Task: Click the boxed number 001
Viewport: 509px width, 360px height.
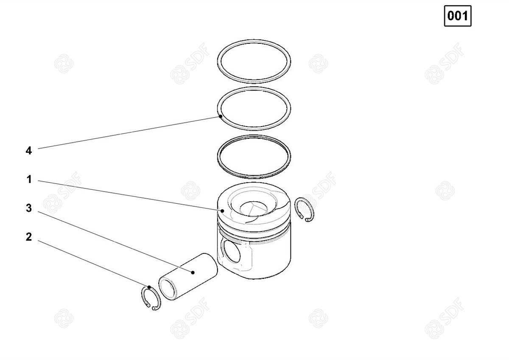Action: [458, 16]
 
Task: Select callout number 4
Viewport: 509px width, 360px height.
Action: [29, 151]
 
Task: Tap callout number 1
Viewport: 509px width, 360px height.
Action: [29, 180]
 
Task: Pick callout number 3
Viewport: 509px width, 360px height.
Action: [29, 208]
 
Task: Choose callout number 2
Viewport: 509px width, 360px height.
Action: [29, 237]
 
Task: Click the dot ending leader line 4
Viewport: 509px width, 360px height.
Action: [221, 116]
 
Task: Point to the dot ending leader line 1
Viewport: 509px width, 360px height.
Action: [222, 211]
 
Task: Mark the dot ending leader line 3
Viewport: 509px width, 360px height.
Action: [193, 272]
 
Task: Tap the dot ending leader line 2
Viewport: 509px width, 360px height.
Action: [149, 287]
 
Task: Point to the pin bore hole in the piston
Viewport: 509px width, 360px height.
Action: [231, 251]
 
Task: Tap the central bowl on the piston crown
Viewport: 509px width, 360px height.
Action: [254, 208]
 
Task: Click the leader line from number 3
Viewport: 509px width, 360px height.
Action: [115, 242]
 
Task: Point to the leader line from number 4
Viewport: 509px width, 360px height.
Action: [129, 132]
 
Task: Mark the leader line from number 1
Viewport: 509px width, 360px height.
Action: [130, 196]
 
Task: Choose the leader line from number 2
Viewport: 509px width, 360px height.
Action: [93, 264]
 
